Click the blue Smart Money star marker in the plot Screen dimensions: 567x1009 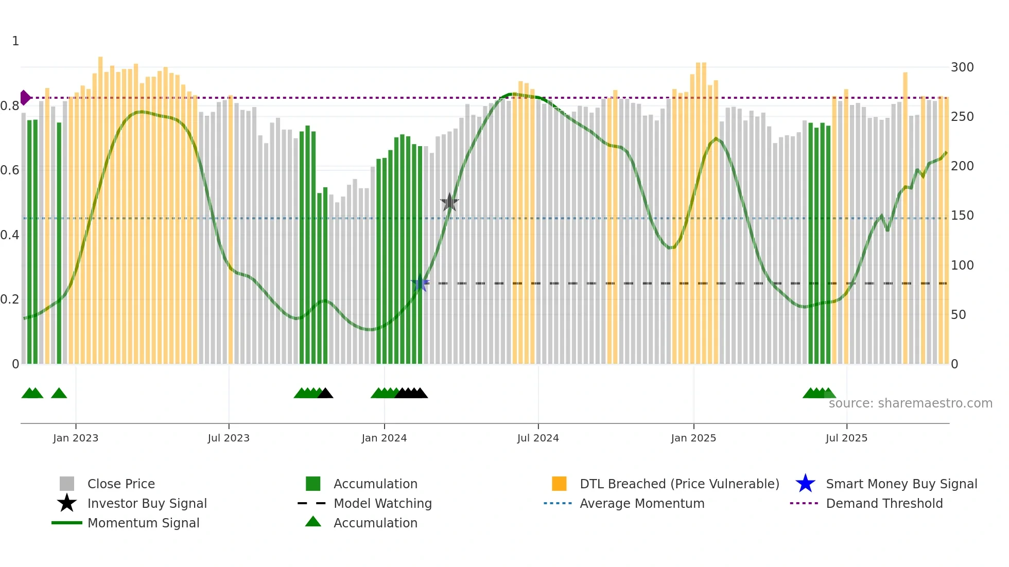point(420,283)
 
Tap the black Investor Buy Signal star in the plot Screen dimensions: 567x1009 point(449,202)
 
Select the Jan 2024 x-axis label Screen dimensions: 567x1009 point(384,438)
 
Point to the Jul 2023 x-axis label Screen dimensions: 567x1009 point(229,438)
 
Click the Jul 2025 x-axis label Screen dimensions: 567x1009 point(846,438)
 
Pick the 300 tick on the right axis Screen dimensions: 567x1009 point(962,67)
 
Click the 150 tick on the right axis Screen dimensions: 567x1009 point(962,216)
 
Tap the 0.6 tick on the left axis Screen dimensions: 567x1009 point(10,170)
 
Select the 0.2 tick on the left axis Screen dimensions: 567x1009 point(10,299)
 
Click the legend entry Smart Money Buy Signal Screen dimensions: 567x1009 point(901,484)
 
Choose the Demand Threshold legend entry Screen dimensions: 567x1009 point(884,503)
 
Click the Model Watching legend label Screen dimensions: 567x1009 point(382,503)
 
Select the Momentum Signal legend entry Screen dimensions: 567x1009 point(143,523)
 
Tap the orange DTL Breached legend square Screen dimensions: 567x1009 point(559,484)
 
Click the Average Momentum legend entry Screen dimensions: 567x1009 point(641,503)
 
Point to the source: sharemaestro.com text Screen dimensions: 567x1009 point(910,403)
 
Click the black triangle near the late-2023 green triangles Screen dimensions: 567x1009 point(325,394)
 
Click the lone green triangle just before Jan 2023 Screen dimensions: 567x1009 point(59,394)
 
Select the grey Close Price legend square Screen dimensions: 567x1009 point(67,484)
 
